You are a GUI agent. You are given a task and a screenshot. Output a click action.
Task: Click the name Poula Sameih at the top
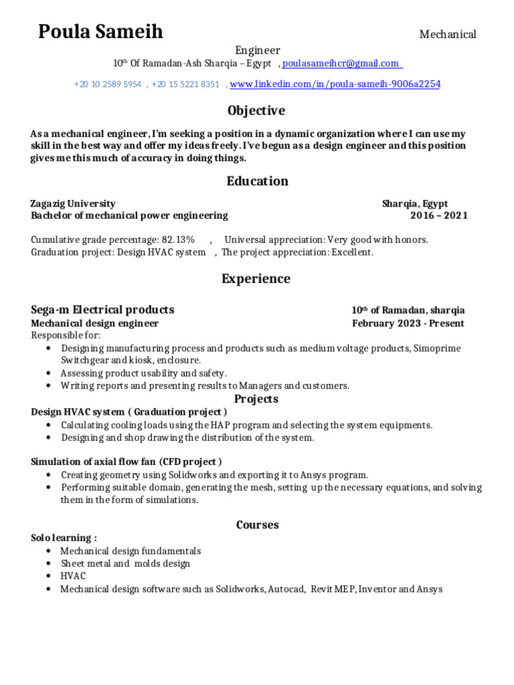point(100,31)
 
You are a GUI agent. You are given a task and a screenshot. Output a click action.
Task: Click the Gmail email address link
point(341,63)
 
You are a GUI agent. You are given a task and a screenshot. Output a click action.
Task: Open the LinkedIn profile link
point(335,84)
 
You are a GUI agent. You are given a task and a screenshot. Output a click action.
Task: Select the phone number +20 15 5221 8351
point(185,84)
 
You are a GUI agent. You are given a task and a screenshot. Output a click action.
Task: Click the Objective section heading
point(256,110)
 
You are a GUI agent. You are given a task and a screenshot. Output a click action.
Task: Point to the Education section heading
point(257,181)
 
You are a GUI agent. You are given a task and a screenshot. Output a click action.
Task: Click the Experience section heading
point(256,278)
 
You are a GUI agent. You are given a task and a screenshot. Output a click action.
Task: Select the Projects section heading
point(257,399)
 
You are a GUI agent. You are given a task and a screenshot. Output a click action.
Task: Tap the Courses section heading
point(257,524)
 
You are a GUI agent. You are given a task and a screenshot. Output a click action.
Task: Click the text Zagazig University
point(73,203)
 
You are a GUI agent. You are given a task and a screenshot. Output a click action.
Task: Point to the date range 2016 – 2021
point(439,215)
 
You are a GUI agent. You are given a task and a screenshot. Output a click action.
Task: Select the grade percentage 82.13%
point(177,239)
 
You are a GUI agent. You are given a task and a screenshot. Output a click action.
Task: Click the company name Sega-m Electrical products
point(102,310)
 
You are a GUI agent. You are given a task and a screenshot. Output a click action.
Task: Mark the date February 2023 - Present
point(408,323)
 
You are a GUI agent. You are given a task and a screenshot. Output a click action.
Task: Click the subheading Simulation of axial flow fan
point(94,462)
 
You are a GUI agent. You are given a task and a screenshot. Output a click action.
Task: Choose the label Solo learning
point(64,538)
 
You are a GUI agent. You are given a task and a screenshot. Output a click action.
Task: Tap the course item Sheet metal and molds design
point(125,563)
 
